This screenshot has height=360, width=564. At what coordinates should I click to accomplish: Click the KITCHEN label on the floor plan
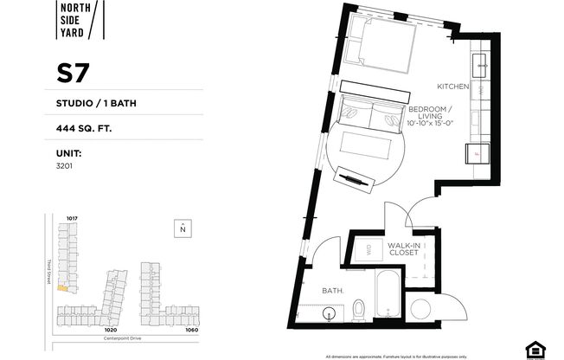coord(452,87)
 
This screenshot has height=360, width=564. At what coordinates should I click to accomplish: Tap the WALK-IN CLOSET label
coord(404,250)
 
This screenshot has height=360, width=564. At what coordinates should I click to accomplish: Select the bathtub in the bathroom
coord(388,298)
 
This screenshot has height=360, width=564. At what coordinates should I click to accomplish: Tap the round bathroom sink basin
coord(330,314)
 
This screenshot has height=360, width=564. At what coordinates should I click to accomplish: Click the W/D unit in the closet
coord(363,250)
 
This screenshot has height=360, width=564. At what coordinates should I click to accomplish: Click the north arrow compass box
coord(183,228)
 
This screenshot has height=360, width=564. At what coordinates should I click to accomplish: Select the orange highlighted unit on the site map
coord(62,288)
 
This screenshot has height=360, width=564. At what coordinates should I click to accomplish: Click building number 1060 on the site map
coord(191,330)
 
